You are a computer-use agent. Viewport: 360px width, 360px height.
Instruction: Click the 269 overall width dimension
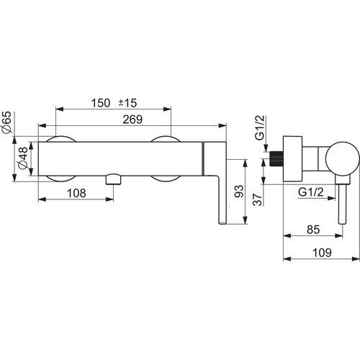132,120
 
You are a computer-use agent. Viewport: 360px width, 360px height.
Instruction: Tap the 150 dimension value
101,103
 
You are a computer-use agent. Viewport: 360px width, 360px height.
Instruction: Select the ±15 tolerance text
127,103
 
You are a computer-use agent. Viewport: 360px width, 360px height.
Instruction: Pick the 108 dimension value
76,193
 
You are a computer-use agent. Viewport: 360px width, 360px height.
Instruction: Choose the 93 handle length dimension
239,192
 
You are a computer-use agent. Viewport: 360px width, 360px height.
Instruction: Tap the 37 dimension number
258,199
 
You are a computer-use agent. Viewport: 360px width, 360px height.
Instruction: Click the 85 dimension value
313,230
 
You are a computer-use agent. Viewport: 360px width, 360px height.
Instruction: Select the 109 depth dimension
322,253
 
